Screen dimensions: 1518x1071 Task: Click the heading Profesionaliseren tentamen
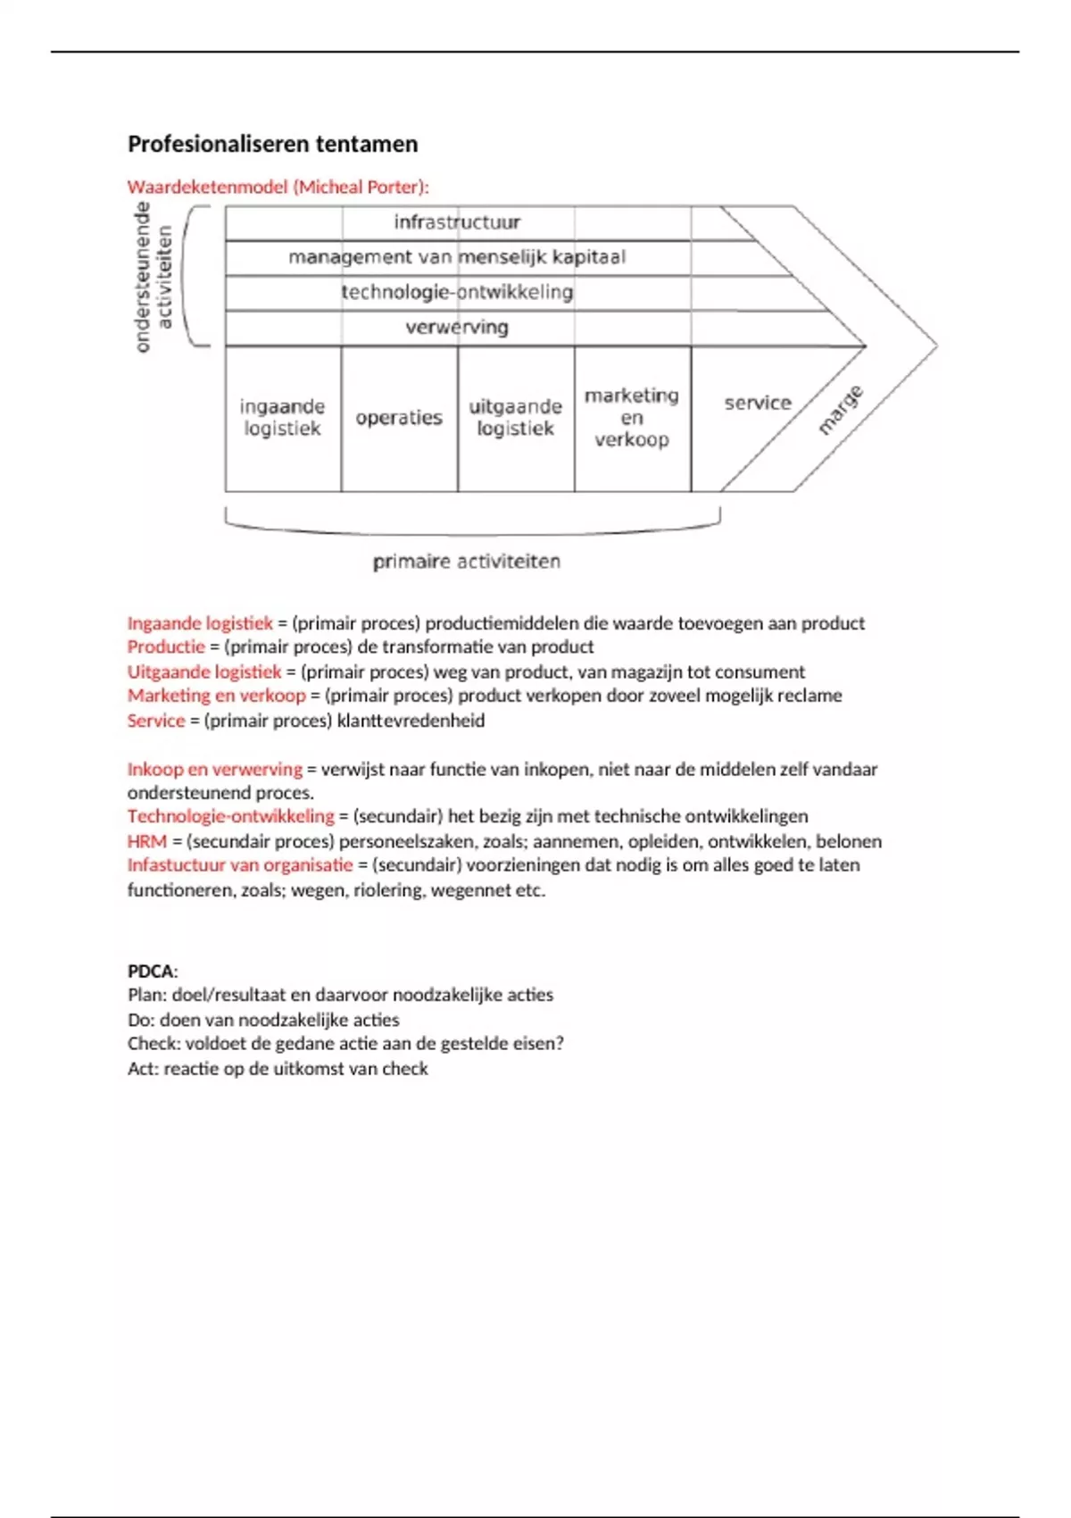coord(272,144)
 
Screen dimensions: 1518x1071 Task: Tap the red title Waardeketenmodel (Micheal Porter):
coord(278,187)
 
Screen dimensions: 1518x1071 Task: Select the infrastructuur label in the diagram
coord(457,221)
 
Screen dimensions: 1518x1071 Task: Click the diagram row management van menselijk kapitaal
coord(457,257)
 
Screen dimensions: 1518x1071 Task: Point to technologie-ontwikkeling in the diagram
coord(457,292)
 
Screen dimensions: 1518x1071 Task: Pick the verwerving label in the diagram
coord(457,327)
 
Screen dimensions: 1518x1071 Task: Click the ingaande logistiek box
coord(282,418)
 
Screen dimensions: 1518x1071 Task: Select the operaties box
coord(399,418)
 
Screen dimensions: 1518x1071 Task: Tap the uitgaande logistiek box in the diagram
coord(516,418)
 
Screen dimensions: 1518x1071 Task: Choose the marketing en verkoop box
coord(632,417)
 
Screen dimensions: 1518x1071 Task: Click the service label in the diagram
coord(758,403)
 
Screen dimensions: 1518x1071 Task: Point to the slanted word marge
coord(841,410)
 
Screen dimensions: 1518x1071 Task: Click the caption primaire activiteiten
coord(467,562)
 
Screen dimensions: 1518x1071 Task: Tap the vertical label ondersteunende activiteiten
coord(153,277)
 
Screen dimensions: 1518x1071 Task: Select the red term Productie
coord(166,646)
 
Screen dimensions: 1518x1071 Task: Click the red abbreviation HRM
coord(146,841)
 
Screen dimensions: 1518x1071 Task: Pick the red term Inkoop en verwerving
coord(214,769)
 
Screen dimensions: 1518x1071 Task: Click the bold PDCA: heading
coord(153,971)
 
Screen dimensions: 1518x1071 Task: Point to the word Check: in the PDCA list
coord(154,1043)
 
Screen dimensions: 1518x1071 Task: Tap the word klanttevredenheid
coord(411,721)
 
